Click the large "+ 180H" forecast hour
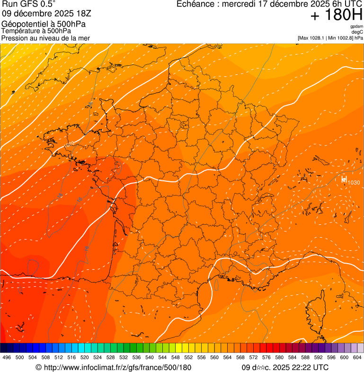pyautogui.click(x=336, y=15)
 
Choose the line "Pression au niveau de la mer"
pyautogui.click(x=45, y=38)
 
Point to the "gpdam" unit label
pyautogui.click(x=356, y=27)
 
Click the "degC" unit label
pyautogui.click(x=357, y=32)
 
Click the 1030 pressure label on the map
pyautogui.click(x=354, y=183)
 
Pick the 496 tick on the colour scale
pyautogui.click(x=7, y=357)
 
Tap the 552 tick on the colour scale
pyautogui.click(x=188, y=357)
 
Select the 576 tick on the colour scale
pyautogui.click(x=266, y=357)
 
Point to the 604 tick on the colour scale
pyautogui.click(x=357, y=357)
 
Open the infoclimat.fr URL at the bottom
pyautogui.click(x=114, y=367)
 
